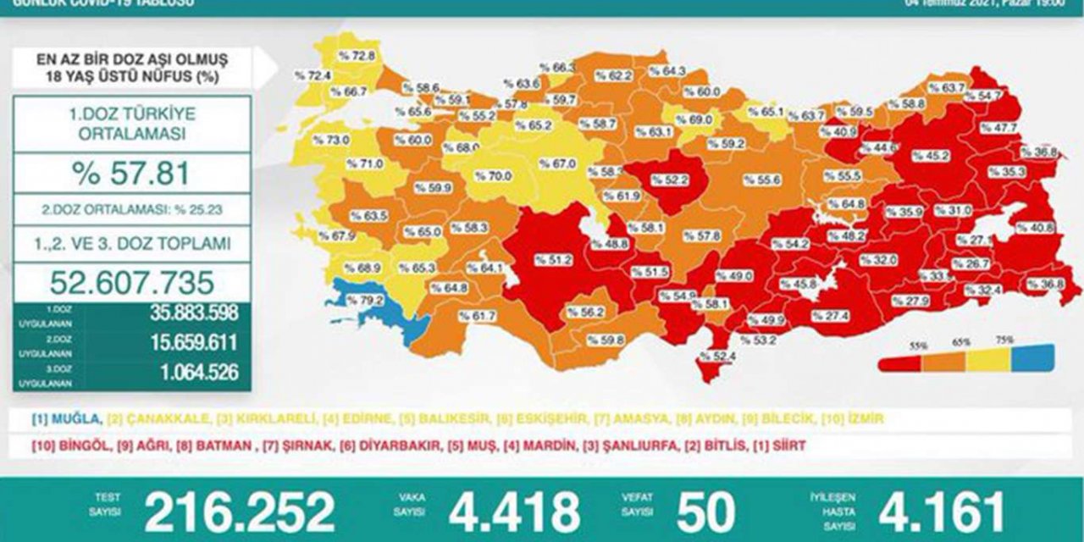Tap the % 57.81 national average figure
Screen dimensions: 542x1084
point(132,174)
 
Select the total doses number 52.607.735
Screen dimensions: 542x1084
point(132,283)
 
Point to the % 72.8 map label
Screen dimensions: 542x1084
point(356,56)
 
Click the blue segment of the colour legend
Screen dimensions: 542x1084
point(1033,355)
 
